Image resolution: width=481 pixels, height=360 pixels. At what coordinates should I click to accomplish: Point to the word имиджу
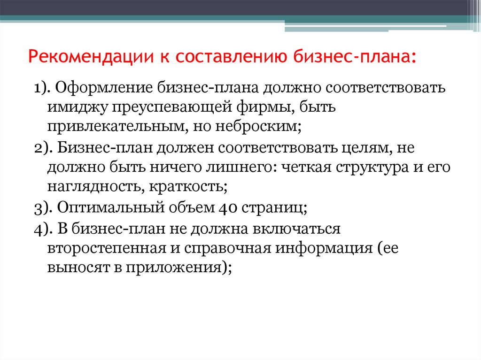78,107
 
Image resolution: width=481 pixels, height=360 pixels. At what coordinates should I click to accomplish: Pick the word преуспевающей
172,107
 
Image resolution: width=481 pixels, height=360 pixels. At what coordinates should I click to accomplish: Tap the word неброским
258,126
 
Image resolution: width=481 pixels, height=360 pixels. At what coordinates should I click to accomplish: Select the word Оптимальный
111,207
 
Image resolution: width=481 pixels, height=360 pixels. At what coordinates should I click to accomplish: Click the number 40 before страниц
228,207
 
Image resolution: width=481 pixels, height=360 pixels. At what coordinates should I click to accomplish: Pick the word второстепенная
107,248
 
